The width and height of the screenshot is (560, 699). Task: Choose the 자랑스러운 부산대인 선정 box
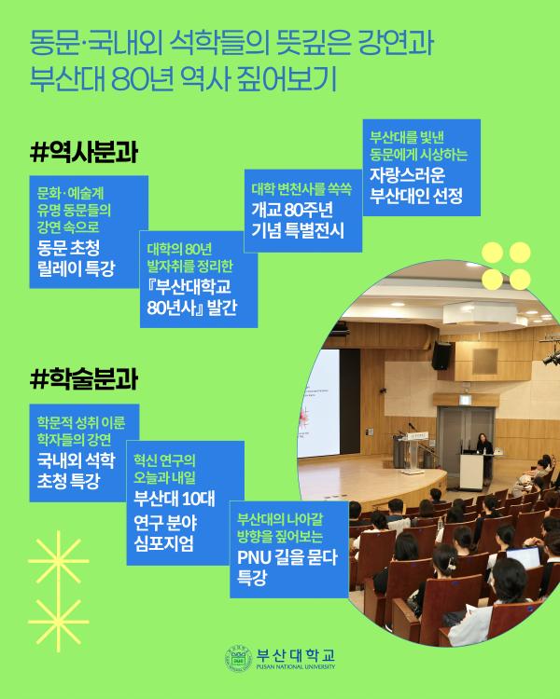(x=422, y=167)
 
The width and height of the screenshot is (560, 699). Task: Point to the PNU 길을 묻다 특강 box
(x=286, y=547)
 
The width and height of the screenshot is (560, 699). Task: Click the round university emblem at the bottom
(x=238, y=658)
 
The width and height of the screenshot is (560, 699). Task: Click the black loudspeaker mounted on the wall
(x=441, y=354)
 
